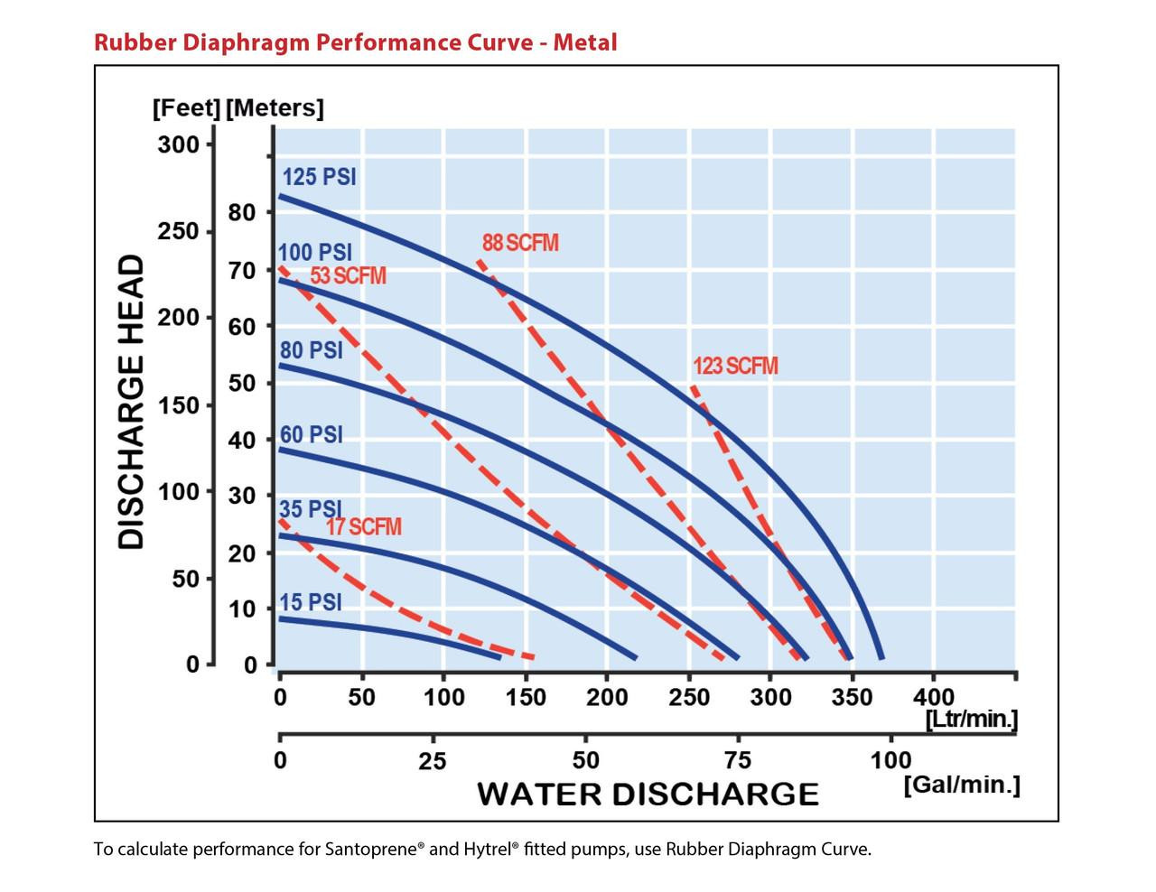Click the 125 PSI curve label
pyautogui.click(x=319, y=177)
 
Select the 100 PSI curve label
pyautogui.click(x=315, y=253)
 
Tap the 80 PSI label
pyautogui.click(x=312, y=350)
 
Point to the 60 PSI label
pyautogui.click(x=312, y=435)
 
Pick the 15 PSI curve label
pyautogui.click(x=310, y=603)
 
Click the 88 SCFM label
pyautogui.click(x=520, y=243)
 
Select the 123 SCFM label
pyautogui.click(x=735, y=366)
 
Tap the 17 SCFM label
pyautogui.click(x=363, y=526)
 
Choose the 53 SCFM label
pyautogui.click(x=348, y=276)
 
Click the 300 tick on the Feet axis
pyautogui.click(x=178, y=144)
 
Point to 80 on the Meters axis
pyautogui.click(x=242, y=213)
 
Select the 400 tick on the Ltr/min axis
pyautogui.click(x=934, y=697)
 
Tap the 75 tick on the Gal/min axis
pyautogui.click(x=737, y=761)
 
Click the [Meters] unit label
pyautogui.click(x=275, y=108)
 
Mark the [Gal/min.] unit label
pyautogui.click(x=962, y=785)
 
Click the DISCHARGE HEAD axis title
pyautogui.click(x=131, y=402)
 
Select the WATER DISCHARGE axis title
pyautogui.click(x=648, y=794)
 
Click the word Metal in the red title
pyautogui.click(x=585, y=42)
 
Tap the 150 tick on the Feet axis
pyautogui.click(x=178, y=405)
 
